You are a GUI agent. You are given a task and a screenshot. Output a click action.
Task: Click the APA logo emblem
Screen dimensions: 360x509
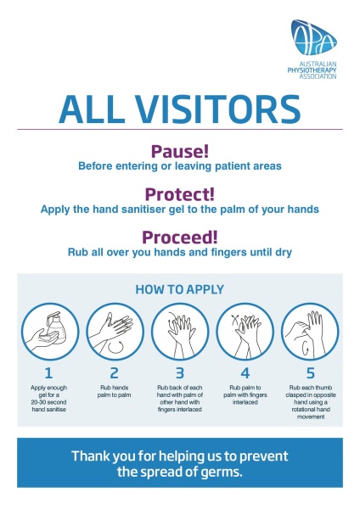tap(313, 37)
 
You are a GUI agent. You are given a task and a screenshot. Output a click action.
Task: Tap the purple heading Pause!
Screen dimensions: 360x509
tap(180, 151)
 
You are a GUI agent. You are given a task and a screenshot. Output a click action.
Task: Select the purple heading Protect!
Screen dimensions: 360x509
tap(180, 194)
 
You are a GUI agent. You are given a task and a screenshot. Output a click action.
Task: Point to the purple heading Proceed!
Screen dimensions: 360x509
tap(180, 237)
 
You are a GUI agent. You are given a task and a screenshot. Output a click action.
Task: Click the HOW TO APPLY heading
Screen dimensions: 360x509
tap(180, 289)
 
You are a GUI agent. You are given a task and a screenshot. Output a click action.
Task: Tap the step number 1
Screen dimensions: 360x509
tap(48, 373)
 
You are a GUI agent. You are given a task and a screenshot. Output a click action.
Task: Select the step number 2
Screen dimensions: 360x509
tap(114, 373)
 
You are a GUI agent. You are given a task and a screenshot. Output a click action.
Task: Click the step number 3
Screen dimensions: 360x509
tap(180, 373)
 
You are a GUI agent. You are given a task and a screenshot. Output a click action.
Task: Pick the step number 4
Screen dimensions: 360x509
tap(245, 373)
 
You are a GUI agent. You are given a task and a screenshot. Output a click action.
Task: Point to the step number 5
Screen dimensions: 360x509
tap(311, 373)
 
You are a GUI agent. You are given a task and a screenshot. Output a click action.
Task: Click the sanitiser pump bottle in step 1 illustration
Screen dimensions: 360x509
tap(55, 327)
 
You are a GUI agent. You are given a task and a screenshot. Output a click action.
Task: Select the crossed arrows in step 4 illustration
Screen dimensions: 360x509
tap(235, 320)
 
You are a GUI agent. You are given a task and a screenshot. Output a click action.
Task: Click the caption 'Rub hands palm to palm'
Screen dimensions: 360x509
tap(114, 391)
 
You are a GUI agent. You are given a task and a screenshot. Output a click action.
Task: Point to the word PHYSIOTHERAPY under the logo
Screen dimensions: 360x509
tap(312, 70)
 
